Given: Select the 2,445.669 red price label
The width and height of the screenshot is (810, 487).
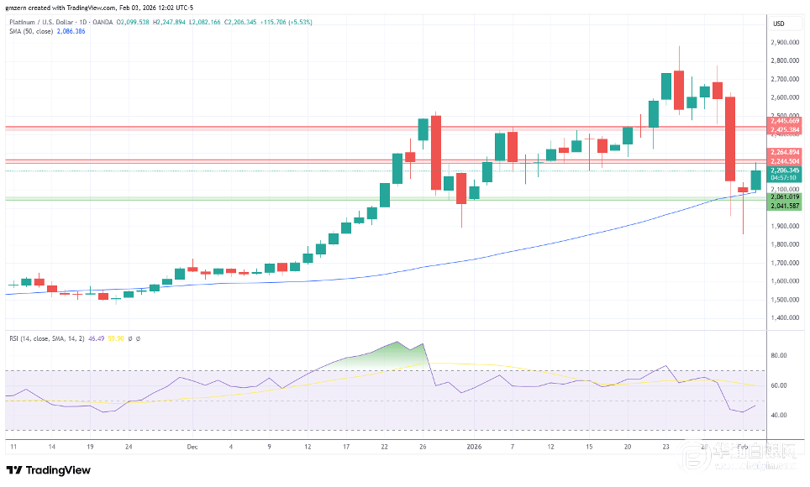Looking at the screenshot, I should (x=786, y=121).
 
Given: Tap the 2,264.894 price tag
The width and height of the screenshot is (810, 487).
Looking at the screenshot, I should (x=786, y=152).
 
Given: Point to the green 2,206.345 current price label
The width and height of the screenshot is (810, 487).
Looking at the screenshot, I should (x=786, y=170).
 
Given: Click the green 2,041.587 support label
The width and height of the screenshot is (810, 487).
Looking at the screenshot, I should (x=786, y=205).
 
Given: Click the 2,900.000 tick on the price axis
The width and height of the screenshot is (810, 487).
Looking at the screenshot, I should (x=786, y=42).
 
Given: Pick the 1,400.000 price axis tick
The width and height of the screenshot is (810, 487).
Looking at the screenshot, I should (x=786, y=317).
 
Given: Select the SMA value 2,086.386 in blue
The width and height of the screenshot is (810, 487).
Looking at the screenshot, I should (x=70, y=31).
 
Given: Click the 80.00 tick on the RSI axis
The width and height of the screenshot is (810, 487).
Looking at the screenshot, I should (x=781, y=355).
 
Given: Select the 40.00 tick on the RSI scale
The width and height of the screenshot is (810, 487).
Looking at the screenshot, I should (x=781, y=415).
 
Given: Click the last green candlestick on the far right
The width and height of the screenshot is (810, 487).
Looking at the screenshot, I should (x=755, y=180).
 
